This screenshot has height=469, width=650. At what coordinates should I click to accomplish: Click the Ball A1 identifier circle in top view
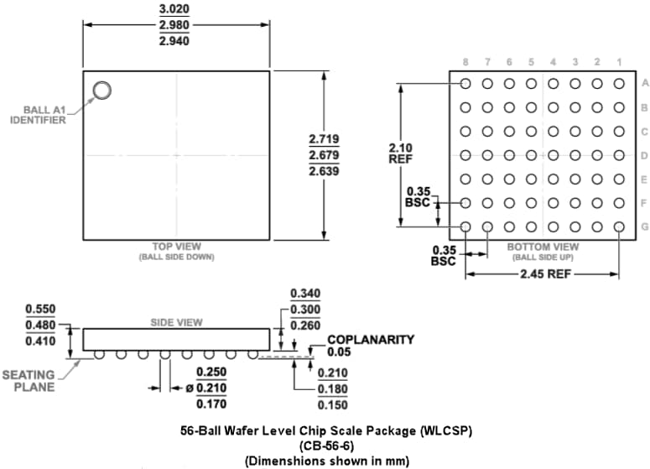pos(101,91)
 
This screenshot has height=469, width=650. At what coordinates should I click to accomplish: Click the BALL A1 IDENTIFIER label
pos(39,115)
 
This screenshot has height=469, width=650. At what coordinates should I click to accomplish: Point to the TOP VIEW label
pos(176,247)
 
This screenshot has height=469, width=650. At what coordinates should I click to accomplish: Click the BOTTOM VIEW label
pos(543,248)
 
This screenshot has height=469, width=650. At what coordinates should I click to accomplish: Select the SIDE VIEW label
pos(176,322)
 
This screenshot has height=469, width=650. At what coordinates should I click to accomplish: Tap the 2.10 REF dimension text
pos(401,154)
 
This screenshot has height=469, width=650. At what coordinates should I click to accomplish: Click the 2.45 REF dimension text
pos(543,274)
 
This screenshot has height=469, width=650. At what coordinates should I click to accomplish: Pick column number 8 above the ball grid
pos(465,63)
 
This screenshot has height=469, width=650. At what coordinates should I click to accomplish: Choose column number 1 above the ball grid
pos(619,63)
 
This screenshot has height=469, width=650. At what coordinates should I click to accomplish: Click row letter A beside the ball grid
pos(645,83)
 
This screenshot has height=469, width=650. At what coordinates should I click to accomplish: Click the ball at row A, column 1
pos(619,83)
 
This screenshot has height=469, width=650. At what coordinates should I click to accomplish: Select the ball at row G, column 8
pos(465,227)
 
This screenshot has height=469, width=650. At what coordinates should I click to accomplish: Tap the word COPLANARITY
pos(370,340)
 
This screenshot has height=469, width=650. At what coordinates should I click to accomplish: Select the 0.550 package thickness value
pos(40,310)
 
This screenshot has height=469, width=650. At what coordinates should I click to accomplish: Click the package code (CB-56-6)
pos(325,446)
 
